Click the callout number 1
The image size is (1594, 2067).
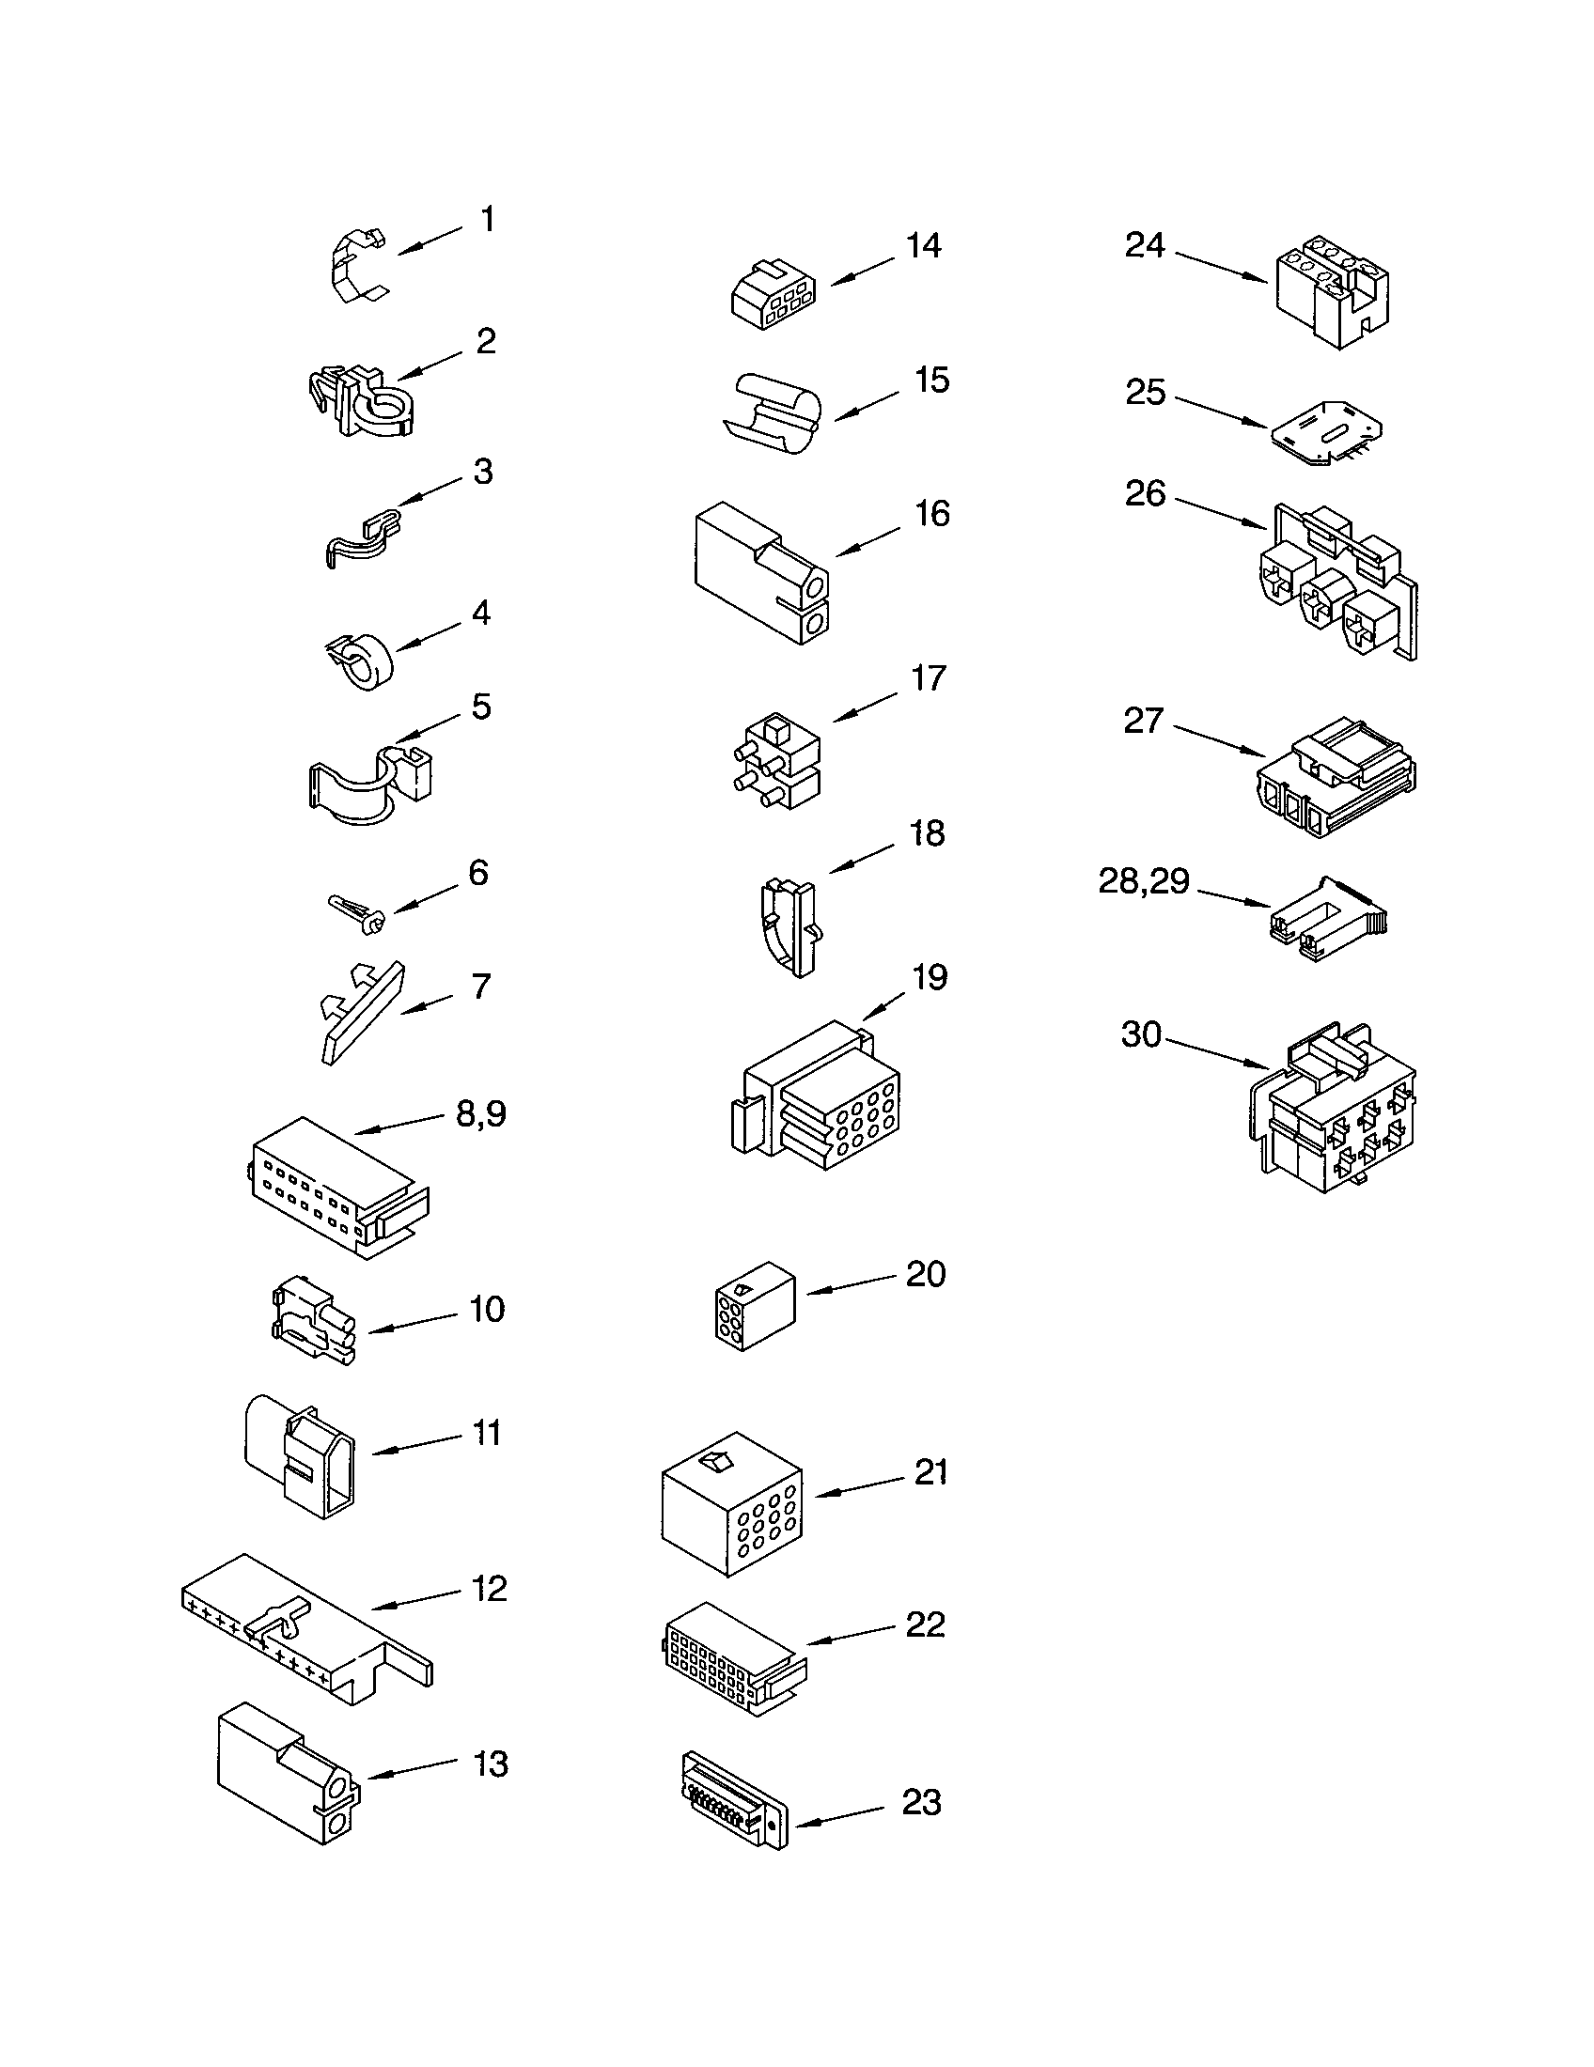point(488,220)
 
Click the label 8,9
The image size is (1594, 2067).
point(481,1114)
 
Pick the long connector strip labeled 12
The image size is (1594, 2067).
point(303,1630)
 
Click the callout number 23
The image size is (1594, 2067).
point(921,1803)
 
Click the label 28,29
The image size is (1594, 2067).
point(1144,881)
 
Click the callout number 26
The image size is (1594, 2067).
point(1145,493)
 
